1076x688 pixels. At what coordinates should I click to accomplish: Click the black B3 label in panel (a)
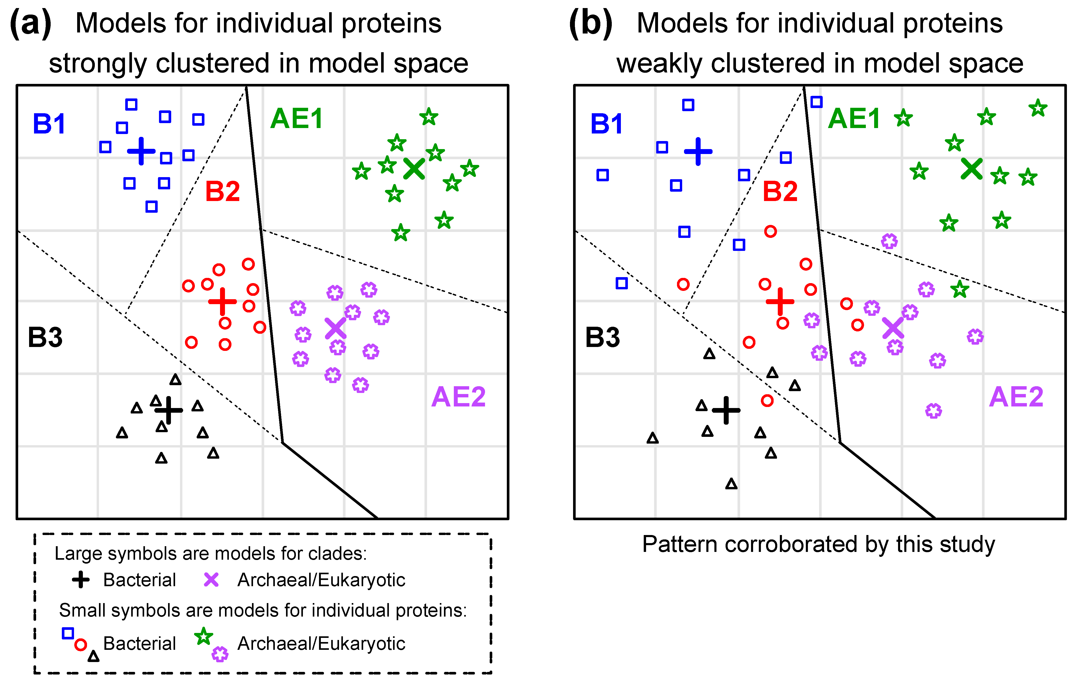[45, 337]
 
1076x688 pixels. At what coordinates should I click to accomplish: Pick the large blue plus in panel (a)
[141, 151]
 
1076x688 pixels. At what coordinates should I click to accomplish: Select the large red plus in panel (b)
[780, 302]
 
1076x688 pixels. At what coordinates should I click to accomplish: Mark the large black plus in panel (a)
[168, 410]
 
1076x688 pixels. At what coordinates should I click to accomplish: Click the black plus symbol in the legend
[81, 580]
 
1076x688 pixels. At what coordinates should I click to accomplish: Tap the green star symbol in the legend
[204, 636]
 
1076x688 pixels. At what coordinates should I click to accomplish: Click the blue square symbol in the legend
[68, 633]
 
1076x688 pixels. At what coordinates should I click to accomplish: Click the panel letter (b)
[590, 23]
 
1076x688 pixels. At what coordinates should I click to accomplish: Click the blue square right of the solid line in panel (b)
[816, 102]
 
